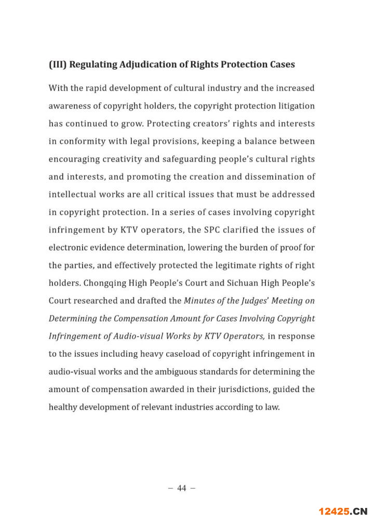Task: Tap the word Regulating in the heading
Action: point(93,65)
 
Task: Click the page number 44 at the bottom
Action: point(182,488)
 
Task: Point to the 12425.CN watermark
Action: point(343,512)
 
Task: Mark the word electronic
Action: point(68,248)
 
